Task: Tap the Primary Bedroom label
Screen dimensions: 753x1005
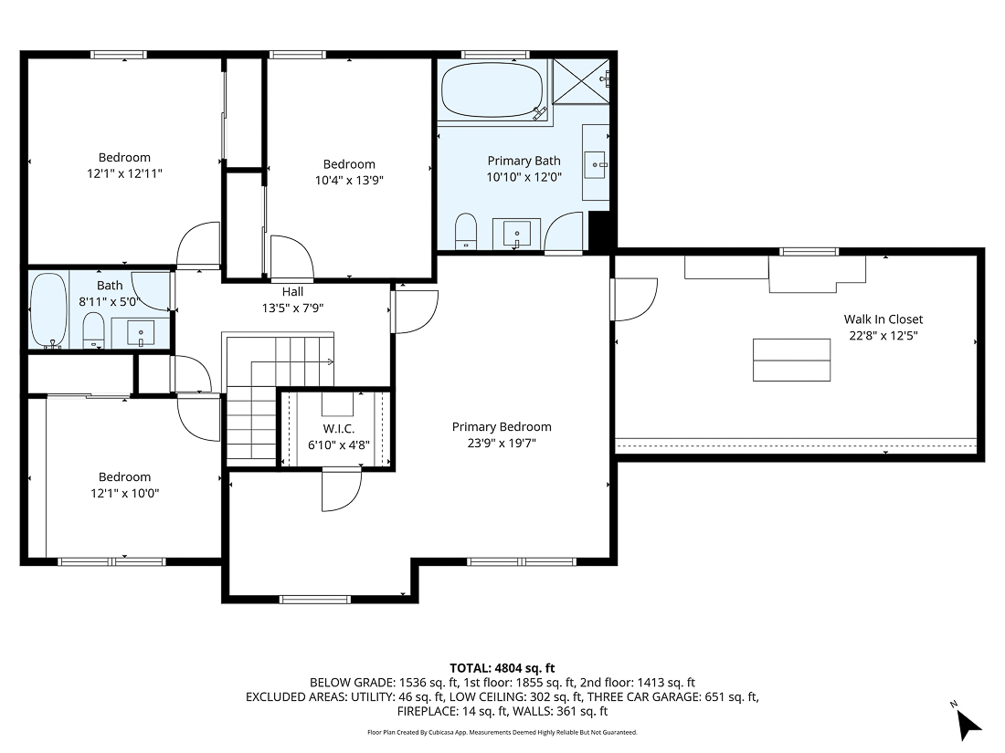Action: pyautogui.click(x=502, y=427)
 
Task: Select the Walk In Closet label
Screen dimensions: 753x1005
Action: pyautogui.click(x=883, y=319)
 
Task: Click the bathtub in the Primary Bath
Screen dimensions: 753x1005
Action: pyautogui.click(x=492, y=89)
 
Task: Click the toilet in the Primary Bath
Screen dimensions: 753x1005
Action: pyautogui.click(x=466, y=230)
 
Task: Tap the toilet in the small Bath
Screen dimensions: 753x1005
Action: pyautogui.click(x=93, y=330)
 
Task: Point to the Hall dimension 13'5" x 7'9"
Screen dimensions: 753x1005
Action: pyautogui.click(x=292, y=309)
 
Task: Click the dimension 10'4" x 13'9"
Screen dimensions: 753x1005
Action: pyautogui.click(x=349, y=181)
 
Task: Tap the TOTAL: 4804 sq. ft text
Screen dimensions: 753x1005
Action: pyautogui.click(x=502, y=667)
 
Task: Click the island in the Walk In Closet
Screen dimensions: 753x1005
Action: pyautogui.click(x=792, y=360)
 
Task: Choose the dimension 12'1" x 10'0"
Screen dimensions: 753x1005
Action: pyautogui.click(x=124, y=493)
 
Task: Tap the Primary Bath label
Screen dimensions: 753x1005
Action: pyautogui.click(x=524, y=162)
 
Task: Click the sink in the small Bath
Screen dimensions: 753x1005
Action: pyautogui.click(x=141, y=332)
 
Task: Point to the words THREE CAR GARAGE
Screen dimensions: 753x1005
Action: pyautogui.click(x=641, y=697)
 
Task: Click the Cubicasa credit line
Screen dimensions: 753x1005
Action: pyautogui.click(x=502, y=732)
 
